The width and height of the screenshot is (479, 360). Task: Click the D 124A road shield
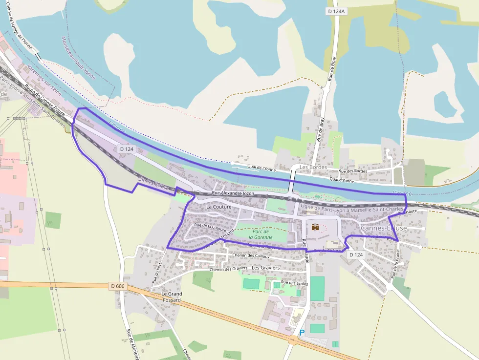337,11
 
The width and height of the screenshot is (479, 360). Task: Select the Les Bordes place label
313,167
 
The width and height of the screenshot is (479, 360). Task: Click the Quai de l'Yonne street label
261,169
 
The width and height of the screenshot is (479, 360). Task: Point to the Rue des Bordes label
353,171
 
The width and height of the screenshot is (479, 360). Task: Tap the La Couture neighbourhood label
218,207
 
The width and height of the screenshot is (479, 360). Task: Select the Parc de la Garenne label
261,234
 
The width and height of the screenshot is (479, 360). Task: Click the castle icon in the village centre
316,227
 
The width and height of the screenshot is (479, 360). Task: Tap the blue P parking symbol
302,333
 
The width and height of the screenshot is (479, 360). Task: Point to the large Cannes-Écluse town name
384,228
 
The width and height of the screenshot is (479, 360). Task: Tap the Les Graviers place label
265,268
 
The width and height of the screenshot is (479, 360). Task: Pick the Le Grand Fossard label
171,296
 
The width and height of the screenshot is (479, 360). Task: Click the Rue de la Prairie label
396,264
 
